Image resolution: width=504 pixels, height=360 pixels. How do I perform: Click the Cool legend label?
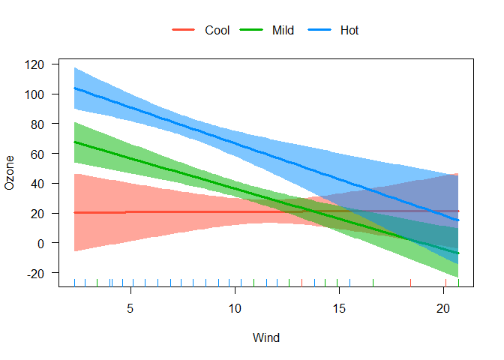(x=217, y=31)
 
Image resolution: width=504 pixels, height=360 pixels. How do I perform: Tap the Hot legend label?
(x=349, y=31)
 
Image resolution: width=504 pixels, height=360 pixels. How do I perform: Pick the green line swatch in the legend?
(x=250, y=31)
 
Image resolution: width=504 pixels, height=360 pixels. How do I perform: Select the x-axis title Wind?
(x=266, y=338)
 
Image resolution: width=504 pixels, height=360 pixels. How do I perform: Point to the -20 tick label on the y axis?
(x=37, y=273)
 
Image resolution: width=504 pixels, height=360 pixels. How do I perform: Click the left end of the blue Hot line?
(x=74, y=88)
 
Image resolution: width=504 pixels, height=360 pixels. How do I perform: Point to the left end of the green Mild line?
(x=74, y=142)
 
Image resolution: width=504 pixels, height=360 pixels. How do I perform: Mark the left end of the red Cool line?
(x=74, y=213)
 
